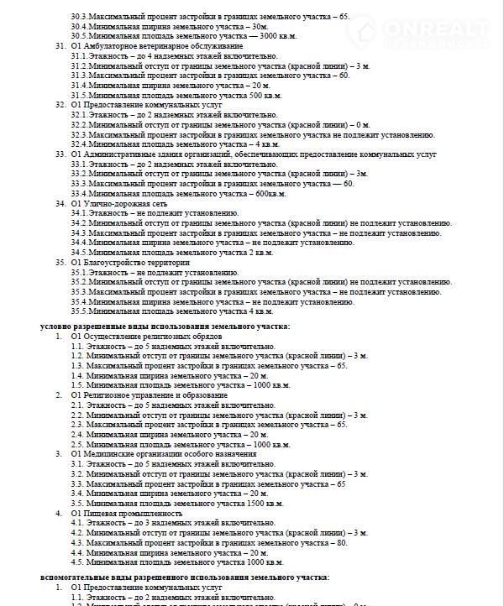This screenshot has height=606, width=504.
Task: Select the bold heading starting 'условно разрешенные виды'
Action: click(x=165, y=326)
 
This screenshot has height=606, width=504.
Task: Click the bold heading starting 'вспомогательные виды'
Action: click(x=185, y=577)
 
